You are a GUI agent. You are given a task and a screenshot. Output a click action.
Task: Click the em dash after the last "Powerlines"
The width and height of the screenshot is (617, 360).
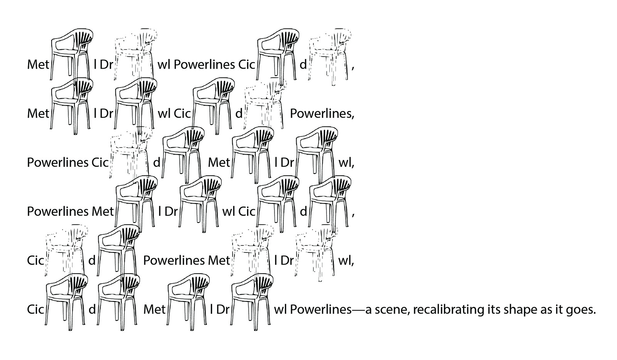coord(358,310)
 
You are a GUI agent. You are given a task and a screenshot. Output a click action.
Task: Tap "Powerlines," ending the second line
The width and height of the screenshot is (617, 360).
coord(322,114)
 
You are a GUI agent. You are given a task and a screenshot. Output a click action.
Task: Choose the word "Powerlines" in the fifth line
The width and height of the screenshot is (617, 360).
coord(174,261)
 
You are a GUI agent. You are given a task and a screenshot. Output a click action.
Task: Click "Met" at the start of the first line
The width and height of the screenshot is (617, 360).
coord(38,65)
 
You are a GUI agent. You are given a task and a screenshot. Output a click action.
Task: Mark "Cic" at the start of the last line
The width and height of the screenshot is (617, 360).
coord(35,310)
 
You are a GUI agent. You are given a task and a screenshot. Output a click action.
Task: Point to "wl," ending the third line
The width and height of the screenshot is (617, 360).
coord(346,163)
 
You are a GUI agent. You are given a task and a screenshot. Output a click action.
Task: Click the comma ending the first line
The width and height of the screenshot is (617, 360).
coord(353,66)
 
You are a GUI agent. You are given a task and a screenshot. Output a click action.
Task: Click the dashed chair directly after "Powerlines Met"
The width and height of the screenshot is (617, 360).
coord(252,251)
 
